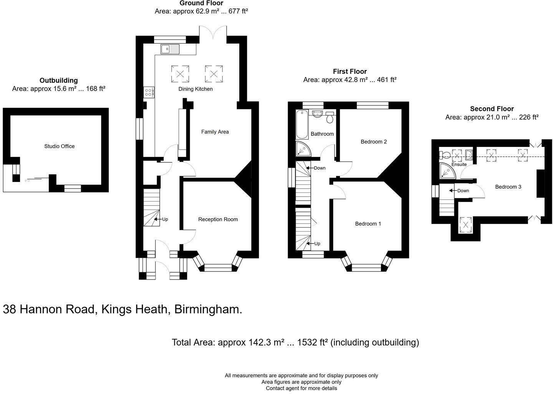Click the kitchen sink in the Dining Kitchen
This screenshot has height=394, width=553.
coord(170,49)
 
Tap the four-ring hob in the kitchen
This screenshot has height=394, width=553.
coord(149,92)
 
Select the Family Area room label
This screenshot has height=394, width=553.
coord(215,132)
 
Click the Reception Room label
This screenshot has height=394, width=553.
coord(218,219)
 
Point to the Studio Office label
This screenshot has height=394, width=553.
coord(59,146)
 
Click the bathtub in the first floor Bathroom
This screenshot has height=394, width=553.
coord(302,124)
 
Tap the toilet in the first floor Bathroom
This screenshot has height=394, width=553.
coord(329,117)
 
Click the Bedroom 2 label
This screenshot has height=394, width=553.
coord(374,142)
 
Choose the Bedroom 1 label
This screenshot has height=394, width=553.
coord(368,224)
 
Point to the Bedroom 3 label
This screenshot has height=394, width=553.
coord(508,187)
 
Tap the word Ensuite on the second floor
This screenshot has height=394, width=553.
coord(459,164)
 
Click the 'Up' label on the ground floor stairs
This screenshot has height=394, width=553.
coord(165,219)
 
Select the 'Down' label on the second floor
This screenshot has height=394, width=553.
coord(463,191)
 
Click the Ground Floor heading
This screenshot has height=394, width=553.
coord(201,3)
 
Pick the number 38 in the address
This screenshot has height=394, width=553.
coord(10,309)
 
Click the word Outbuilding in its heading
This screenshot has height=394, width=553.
coord(58,80)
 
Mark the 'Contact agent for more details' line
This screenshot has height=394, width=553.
coord(301,388)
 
